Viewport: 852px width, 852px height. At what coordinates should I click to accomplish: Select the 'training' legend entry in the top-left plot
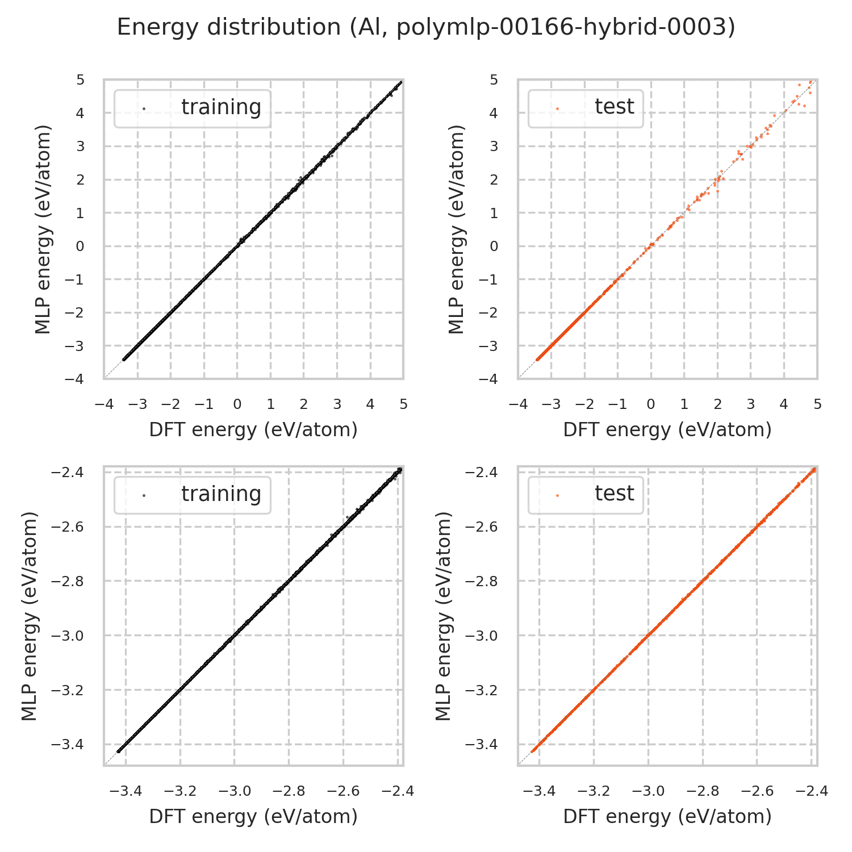click(x=221, y=107)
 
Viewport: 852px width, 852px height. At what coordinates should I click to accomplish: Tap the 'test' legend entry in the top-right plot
click(x=614, y=107)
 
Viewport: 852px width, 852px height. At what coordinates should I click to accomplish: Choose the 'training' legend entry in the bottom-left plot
click(x=221, y=494)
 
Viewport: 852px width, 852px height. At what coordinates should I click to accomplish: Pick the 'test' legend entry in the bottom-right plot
click(x=614, y=494)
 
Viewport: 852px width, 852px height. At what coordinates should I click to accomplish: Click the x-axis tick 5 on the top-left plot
click(x=403, y=404)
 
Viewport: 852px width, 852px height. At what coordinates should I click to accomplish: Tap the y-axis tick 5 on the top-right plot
click(x=494, y=80)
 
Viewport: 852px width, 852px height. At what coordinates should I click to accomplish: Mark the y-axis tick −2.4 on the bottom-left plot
click(x=68, y=473)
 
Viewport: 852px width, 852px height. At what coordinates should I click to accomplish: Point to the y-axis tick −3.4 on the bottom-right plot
click(x=482, y=745)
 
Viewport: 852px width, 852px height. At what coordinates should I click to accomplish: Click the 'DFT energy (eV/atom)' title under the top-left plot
click(x=253, y=430)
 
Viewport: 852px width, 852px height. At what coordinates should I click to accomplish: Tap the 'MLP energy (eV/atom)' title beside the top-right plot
click(x=456, y=229)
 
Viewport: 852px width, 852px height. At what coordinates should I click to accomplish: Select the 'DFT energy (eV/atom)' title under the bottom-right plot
click(x=667, y=817)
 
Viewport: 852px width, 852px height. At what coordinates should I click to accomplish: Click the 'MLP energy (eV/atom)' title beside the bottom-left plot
click(x=30, y=616)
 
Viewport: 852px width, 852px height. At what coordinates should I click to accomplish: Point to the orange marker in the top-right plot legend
click(x=557, y=108)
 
